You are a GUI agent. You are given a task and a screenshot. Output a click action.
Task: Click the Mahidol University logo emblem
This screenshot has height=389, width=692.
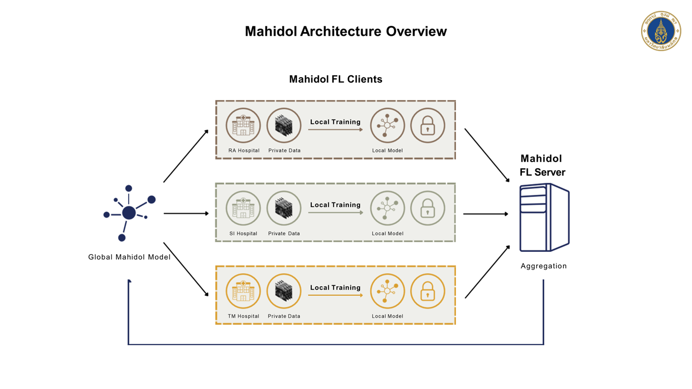pyautogui.click(x=661, y=31)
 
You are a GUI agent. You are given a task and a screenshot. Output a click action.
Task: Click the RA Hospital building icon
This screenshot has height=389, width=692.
pyautogui.click(x=243, y=126)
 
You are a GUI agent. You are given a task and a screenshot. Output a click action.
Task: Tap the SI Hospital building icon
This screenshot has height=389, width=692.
pyautogui.click(x=243, y=208)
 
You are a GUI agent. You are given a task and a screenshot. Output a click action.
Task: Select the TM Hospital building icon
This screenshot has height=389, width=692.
pyautogui.click(x=243, y=291)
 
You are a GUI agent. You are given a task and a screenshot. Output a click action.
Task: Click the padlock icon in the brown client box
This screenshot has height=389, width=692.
pyautogui.click(x=428, y=126)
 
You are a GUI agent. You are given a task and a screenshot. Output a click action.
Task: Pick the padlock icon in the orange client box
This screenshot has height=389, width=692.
pyautogui.click(x=428, y=291)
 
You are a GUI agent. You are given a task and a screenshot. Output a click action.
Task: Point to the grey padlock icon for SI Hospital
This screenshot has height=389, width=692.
pyautogui.click(x=428, y=208)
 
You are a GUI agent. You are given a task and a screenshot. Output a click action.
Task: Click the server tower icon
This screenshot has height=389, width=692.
pyautogui.click(x=544, y=217)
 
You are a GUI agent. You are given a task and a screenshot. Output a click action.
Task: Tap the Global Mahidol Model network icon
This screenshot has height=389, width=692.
pyautogui.click(x=129, y=213)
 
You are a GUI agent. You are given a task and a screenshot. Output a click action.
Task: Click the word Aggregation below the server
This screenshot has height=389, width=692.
pyautogui.click(x=543, y=266)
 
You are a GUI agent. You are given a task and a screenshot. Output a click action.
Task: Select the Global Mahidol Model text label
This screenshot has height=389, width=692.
pyautogui.click(x=129, y=257)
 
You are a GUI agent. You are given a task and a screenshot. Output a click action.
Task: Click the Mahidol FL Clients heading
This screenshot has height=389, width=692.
pyautogui.click(x=335, y=79)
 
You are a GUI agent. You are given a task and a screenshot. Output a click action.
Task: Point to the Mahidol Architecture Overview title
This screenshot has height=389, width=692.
pyautogui.click(x=345, y=31)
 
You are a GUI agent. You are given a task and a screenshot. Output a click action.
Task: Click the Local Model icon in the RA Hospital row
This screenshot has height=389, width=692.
pyautogui.click(x=387, y=126)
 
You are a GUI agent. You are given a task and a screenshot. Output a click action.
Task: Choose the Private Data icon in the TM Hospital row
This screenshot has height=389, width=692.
pyautogui.click(x=284, y=291)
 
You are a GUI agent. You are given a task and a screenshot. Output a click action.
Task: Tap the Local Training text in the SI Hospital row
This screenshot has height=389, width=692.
pyautogui.click(x=335, y=205)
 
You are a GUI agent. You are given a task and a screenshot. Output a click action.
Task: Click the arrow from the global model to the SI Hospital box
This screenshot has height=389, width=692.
pyautogui.click(x=186, y=213)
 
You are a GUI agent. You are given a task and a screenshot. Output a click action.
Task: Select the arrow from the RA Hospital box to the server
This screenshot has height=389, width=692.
pyautogui.click(x=487, y=155)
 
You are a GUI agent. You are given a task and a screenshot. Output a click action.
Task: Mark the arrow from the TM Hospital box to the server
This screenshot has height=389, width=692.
pyautogui.click(x=487, y=272)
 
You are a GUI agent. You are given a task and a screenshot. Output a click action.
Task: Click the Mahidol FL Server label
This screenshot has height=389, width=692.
pyautogui.click(x=542, y=166)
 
